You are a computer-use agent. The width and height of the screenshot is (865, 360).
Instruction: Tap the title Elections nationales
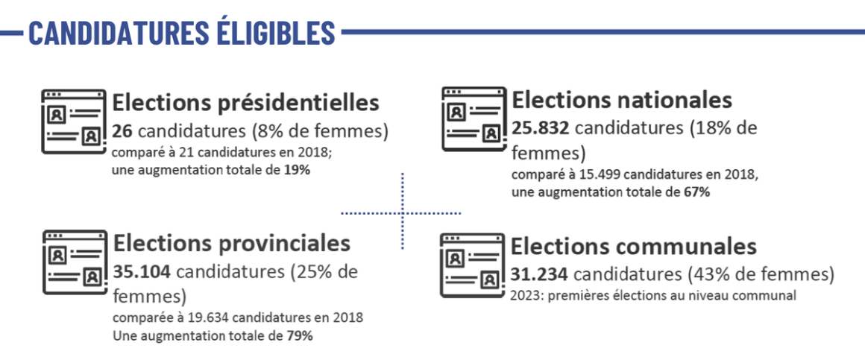pos(622,100)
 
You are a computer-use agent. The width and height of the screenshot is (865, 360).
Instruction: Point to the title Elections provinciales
pos(231,244)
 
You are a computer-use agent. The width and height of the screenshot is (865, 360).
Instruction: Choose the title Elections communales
pos(633,246)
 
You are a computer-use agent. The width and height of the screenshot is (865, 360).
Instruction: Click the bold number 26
pos(123,131)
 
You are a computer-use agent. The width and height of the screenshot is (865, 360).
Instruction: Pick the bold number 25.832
pos(541,128)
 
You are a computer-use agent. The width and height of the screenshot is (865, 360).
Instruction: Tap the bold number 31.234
pos(540,275)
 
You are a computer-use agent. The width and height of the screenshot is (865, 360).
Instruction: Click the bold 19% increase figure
pos(296,170)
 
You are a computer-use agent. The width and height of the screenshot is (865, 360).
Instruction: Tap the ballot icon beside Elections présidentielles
pos(73,121)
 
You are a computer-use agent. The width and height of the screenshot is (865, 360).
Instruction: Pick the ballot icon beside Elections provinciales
pos(73,262)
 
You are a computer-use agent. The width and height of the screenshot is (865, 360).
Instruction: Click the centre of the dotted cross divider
pos(403,213)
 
